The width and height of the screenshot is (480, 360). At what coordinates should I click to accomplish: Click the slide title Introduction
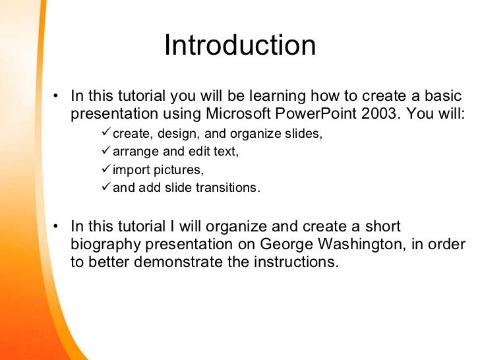(240, 45)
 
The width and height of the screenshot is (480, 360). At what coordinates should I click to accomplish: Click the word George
(287, 244)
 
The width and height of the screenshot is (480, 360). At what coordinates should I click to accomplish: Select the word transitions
(224, 188)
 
